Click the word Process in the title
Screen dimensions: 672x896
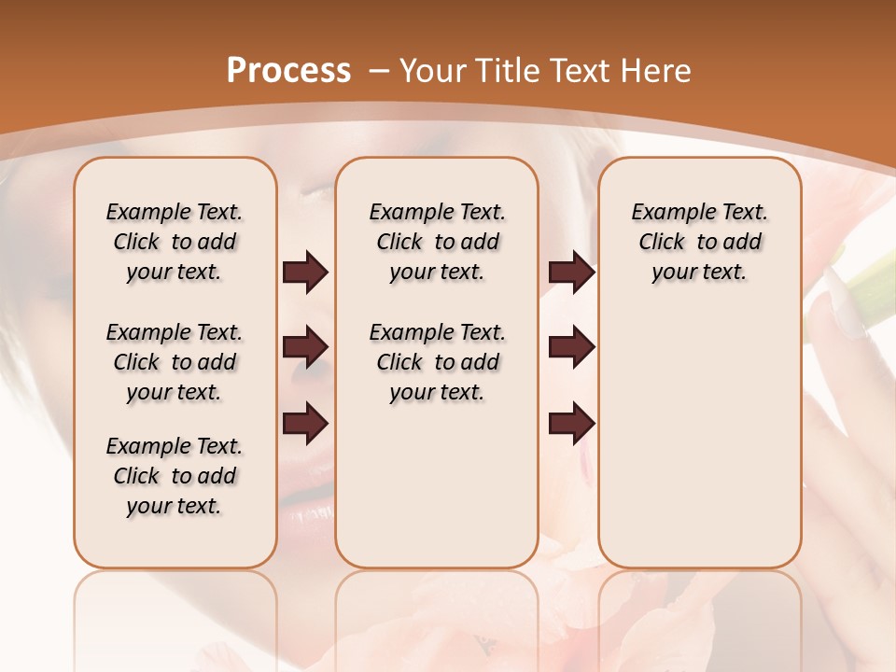point(289,70)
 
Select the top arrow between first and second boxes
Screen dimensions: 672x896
point(305,273)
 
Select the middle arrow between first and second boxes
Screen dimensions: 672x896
point(305,348)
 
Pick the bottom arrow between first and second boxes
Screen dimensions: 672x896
point(305,424)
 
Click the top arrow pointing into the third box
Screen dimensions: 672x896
point(571,273)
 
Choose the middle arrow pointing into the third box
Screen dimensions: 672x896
point(571,348)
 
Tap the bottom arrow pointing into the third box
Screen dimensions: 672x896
point(571,424)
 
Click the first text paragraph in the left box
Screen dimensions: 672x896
point(175,242)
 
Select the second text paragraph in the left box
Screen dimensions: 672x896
point(175,362)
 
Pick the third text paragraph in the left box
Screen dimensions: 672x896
point(175,476)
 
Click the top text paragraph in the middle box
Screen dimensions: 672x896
point(437,242)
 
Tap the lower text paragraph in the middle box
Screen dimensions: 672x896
point(437,362)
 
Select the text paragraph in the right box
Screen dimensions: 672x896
point(699,242)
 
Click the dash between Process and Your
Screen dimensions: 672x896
point(379,71)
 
